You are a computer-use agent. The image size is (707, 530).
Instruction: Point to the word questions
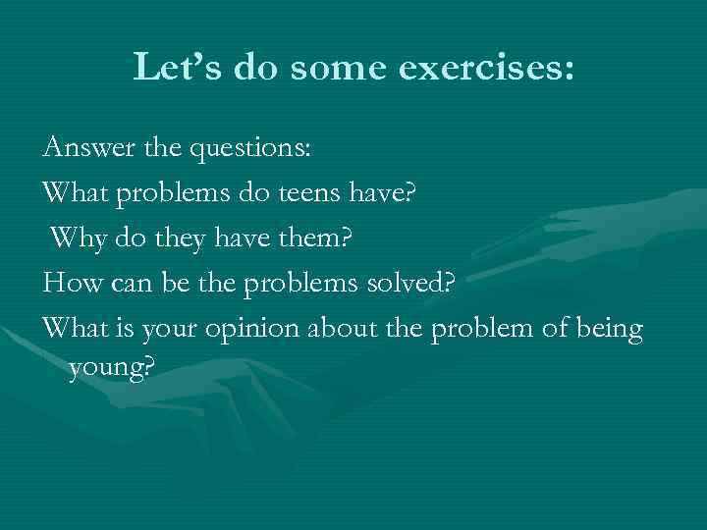(254, 148)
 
